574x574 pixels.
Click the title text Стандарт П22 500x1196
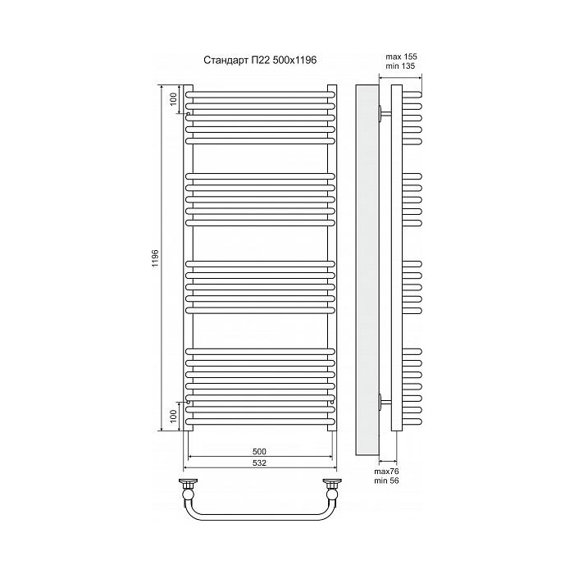(x=260, y=60)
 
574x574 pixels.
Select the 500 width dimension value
(x=260, y=452)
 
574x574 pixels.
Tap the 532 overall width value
(x=260, y=463)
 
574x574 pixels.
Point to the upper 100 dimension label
(x=173, y=98)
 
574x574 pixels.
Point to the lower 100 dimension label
(x=173, y=417)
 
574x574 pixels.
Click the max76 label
(x=386, y=471)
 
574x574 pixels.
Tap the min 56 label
(x=386, y=482)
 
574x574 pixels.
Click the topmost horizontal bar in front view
(x=261, y=95)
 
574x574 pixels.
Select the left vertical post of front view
(x=189, y=258)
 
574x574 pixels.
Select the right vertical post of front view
(x=332, y=258)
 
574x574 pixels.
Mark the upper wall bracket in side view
(x=383, y=113)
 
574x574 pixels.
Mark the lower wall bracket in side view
(x=383, y=401)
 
